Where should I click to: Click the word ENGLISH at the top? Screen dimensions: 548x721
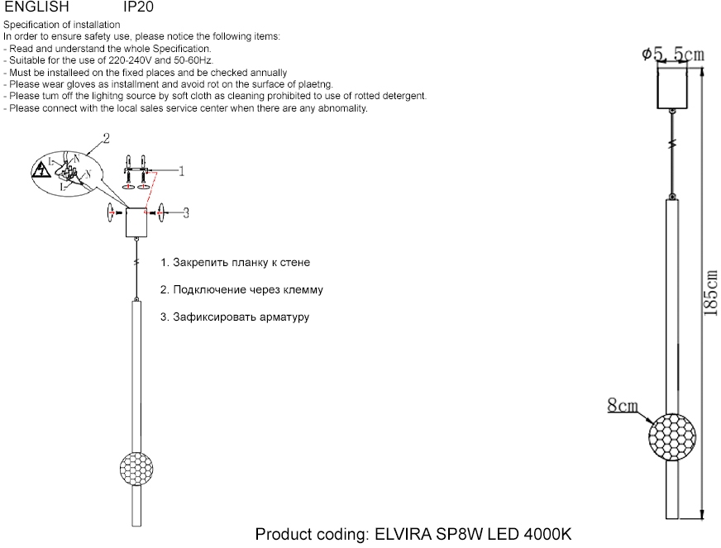pos(36,7)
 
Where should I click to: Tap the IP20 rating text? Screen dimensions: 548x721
pos(138,7)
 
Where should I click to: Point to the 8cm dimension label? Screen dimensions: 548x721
pos(623,405)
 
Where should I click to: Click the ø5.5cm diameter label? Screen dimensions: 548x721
pos(673,55)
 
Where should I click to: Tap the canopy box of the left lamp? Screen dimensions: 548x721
pos(134,222)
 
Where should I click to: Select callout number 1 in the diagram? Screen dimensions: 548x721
pos(180,171)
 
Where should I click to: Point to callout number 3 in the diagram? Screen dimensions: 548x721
pos(186,212)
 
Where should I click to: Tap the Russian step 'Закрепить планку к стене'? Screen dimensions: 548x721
pos(236,263)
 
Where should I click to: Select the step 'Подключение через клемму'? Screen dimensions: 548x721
pos(241,290)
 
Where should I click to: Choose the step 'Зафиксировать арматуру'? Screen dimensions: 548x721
pos(235,317)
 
